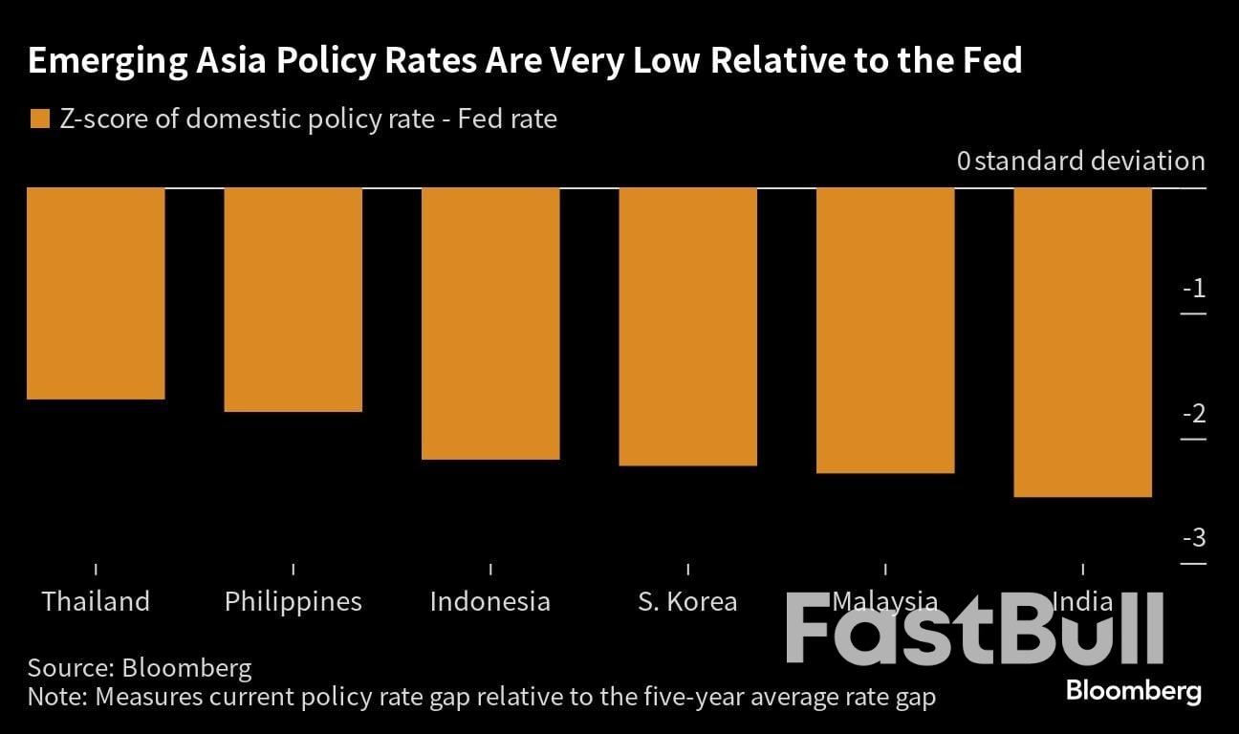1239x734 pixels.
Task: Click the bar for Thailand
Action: (96, 293)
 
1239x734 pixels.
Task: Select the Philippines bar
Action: (293, 300)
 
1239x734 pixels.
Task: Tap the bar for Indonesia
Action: (490, 324)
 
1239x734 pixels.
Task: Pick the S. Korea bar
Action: (688, 327)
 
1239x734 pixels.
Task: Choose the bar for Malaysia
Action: (885, 331)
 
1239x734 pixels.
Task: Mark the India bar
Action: (1082, 342)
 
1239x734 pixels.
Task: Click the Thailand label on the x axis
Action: (96, 601)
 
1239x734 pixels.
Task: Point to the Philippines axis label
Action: (293, 601)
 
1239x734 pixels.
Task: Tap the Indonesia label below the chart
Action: (490, 601)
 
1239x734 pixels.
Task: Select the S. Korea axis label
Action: (687, 601)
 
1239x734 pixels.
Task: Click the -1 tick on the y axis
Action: (1193, 290)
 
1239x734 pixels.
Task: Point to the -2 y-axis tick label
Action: (1193, 414)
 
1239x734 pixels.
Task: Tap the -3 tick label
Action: (1193, 538)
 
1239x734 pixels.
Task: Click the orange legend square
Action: (39, 119)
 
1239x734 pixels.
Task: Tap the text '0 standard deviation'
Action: (1080, 161)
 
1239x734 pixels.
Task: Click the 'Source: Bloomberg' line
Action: (140, 666)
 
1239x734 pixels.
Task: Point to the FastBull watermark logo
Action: (975, 628)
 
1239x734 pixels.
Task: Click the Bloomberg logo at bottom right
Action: (1133, 690)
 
